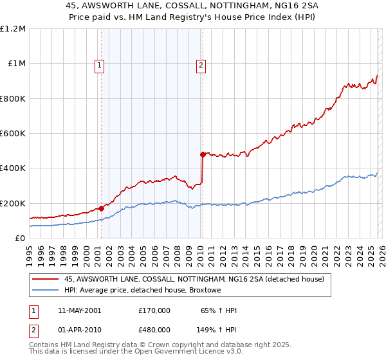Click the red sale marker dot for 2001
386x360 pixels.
101,208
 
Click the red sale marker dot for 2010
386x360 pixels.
202,154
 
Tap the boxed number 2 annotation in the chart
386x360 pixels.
201,64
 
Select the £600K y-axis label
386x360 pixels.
13,134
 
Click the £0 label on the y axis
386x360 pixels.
20,239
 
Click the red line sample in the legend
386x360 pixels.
46,279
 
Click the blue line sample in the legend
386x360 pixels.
46,291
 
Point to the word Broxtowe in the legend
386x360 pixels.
204,291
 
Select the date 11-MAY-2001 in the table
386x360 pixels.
79,310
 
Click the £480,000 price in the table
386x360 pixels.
154,329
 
